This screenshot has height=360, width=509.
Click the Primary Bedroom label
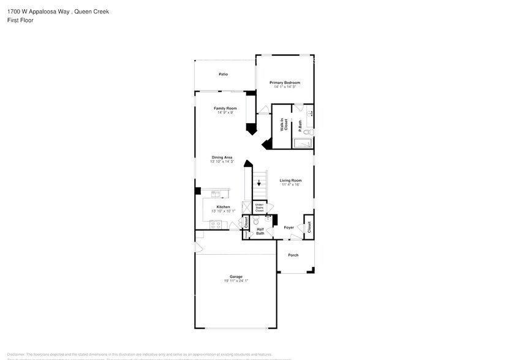click(x=285, y=82)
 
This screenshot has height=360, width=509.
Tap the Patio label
click(x=224, y=74)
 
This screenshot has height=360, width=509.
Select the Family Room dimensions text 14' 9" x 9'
click(x=225, y=113)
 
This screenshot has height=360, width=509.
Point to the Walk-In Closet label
click(x=284, y=125)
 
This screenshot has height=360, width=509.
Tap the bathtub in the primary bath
click(x=303, y=144)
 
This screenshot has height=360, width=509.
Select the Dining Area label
click(x=221, y=157)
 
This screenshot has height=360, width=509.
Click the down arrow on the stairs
click(x=258, y=182)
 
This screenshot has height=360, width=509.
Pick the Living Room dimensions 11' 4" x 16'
click(x=291, y=184)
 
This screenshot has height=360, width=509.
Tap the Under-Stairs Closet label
click(x=259, y=208)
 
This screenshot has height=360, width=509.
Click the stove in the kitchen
click(x=216, y=225)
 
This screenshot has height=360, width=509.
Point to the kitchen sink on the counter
click(x=216, y=194)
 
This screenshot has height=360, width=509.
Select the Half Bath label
click(x=260, y=231)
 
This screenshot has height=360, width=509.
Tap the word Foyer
click(x=289, y=227)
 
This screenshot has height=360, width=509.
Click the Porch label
click(x=293, y=255)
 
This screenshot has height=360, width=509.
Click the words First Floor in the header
click(x=20, y=20)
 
